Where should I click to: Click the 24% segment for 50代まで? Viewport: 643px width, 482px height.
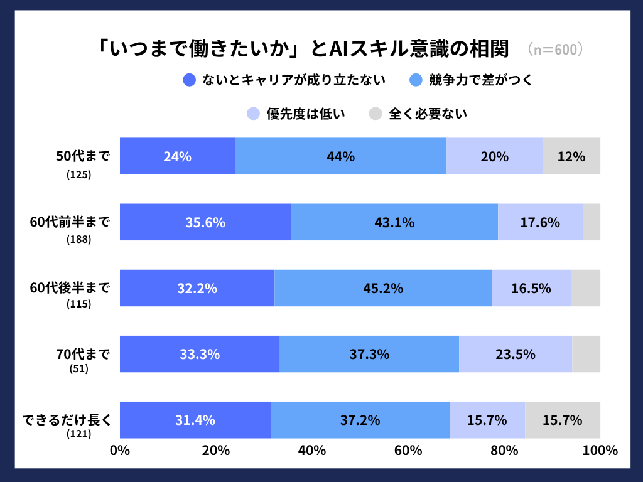coord(177,156)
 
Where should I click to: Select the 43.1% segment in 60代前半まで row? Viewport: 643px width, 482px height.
coord(394,222)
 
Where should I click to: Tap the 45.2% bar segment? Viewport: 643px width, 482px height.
coord(383,288)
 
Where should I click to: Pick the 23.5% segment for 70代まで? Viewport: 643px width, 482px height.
coord(515,354)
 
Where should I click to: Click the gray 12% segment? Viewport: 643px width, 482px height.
coord(571,156)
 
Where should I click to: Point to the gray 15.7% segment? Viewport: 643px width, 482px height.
coord(563,420)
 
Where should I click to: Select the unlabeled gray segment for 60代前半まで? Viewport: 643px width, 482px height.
coord(592,222)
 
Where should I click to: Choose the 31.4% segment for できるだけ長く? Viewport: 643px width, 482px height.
coord(195,420)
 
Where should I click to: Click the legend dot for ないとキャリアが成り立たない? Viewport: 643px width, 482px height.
coord(190,80)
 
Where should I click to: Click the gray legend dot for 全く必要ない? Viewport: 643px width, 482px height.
coord(376,114)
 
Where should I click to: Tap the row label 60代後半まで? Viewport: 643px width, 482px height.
coord(70,287)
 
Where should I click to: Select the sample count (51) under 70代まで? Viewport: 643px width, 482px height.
coord(78,369)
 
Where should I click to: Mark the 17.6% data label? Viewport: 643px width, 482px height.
coord(540,222)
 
